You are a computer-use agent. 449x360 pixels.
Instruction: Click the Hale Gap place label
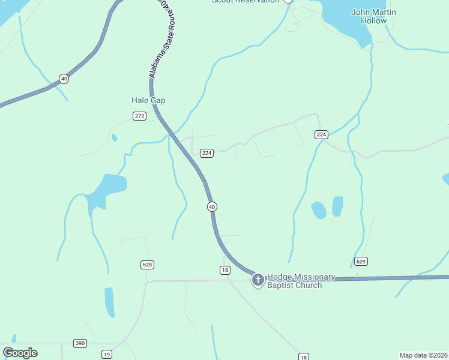coord(148,101)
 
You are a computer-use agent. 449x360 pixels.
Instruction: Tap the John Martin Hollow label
coord(373,16)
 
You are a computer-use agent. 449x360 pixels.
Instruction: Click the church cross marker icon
coord(258,280)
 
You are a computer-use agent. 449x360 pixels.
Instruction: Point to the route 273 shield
coord(139,116)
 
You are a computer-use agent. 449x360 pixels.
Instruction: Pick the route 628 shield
coord(147,265)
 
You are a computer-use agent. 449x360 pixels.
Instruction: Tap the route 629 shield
coord(360,262)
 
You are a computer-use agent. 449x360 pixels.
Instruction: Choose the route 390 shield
coord(80,343)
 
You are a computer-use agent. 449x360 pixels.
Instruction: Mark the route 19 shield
coord(106,354)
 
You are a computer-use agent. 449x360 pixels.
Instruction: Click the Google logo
coord(20,353)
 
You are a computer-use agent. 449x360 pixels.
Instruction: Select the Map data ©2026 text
coord(423,355)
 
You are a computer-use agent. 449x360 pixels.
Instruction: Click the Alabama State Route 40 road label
coord(158,39)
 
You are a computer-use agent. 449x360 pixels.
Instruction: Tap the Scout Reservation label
coord(246,1)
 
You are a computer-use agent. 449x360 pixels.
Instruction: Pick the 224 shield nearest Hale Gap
coord(206,153)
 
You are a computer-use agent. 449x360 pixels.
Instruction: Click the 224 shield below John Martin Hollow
coord(321,135)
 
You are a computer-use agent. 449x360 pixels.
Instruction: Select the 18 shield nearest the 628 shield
coord(225,271)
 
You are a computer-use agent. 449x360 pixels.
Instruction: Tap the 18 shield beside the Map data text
coord(303,357)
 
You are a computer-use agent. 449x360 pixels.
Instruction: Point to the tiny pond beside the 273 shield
coord(114,138)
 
